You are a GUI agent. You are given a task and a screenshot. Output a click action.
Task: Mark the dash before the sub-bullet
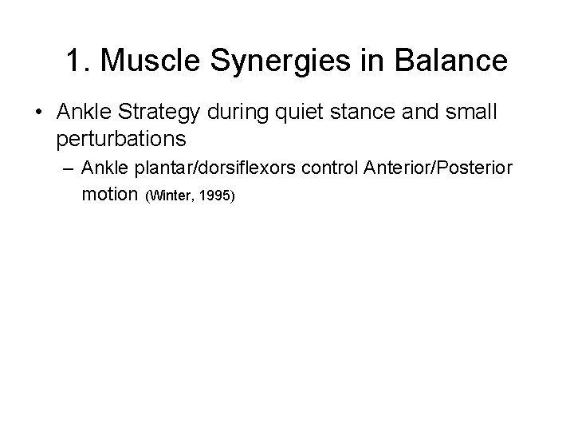coord(65,169)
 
